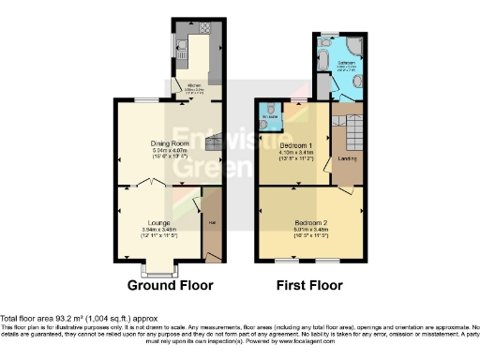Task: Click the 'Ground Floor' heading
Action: pyautogui.click(x=171, y=285)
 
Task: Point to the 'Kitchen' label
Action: pyautogui.click(x=194, y=85)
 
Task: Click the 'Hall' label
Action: pyautogui.click(x=211, y=221)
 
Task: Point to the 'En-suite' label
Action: pyautogui.click(x=269, y=118)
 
